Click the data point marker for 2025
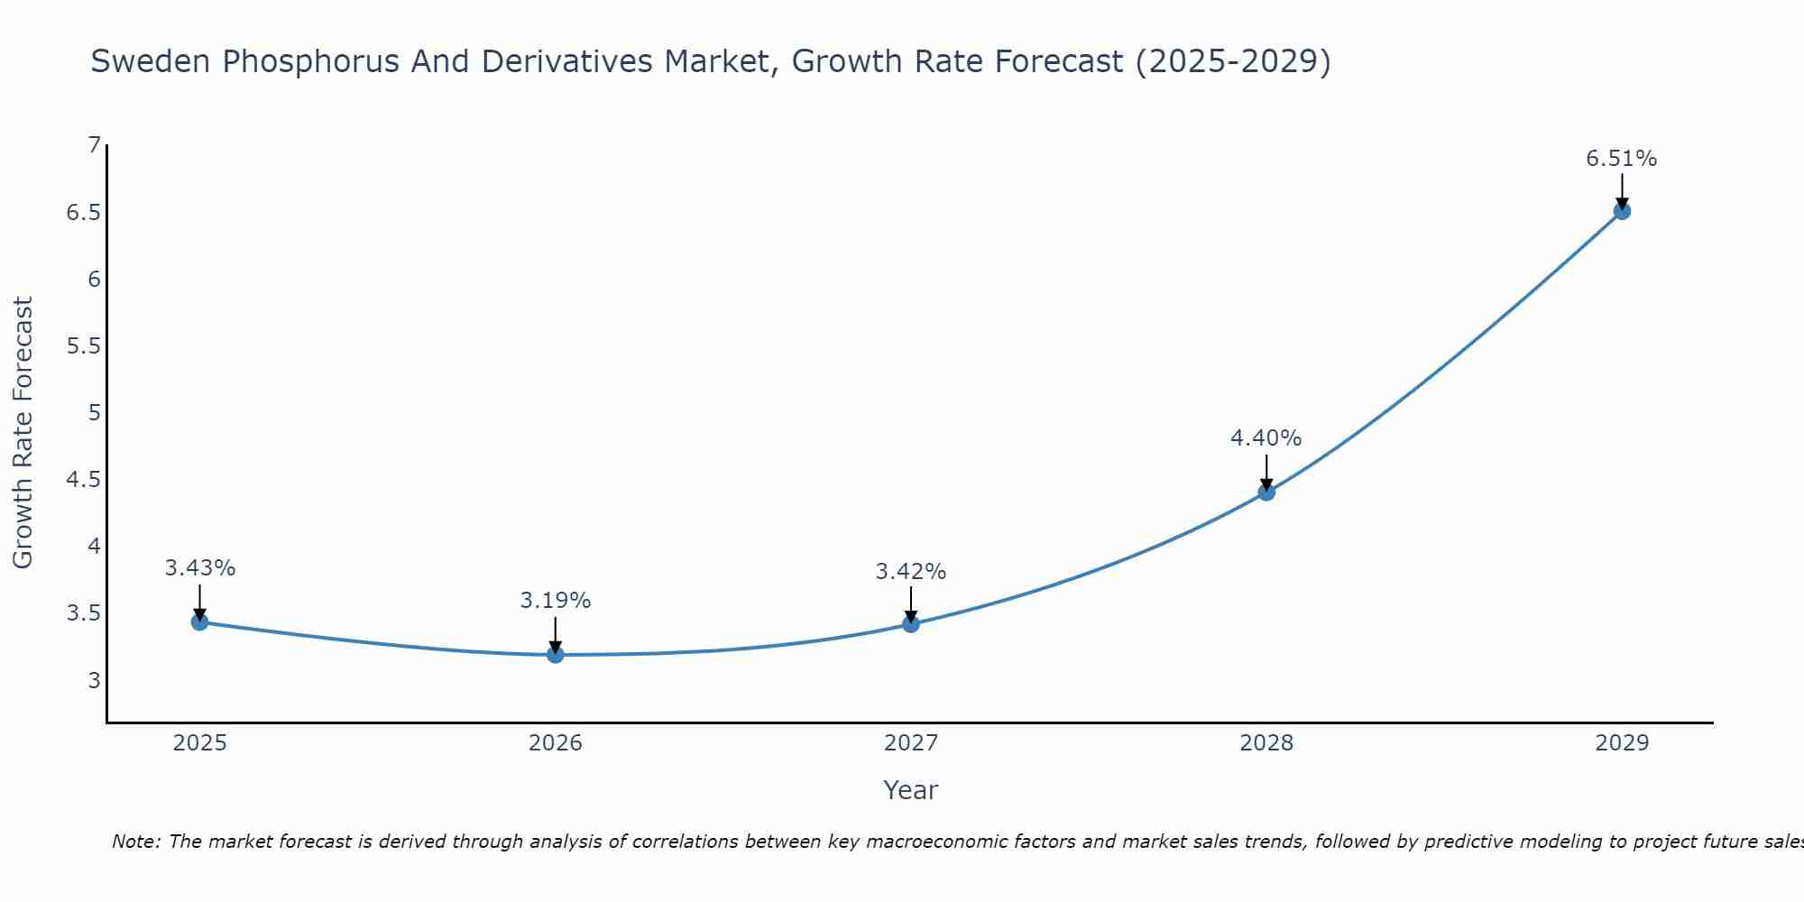pyautogui.click(x=199, y=621)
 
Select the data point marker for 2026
pyautogui.click(x=555, y=654)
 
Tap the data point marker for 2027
pyautogui.click(x=910, y=623)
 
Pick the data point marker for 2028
pyautogui.click(x=1266, y=492)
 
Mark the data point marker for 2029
pyautogui.click(x=1621, y=211)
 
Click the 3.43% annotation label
pyautogui.click(x=199, y=568)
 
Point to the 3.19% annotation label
pyautogui.click(x=555, y=601)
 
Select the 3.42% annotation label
pyautogui.click(x=910, y=572)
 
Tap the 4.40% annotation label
pyautogui.click(x=1266, y=438)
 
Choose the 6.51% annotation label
pyautogui.click(x=1621, y=159)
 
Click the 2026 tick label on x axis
pyautogui.click(x=555, y=743)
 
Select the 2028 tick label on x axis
pyautogui.click(x=1266, y=743)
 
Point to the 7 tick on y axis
pyautogui.click(x=94, y=145)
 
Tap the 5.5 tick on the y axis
pyautogui.click(x=83, y=346)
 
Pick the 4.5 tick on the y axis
pyautogui.click(x=83, y=480)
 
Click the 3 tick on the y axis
pyautogui.click(x=94, y=680)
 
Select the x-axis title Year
pyautogui.click(x=910, y=790)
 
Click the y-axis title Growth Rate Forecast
pyautogui.click(x=23, y=433)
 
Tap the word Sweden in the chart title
pyautogui.click(x=152, y=61)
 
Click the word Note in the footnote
pyautogui.click(x=134, y=842)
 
